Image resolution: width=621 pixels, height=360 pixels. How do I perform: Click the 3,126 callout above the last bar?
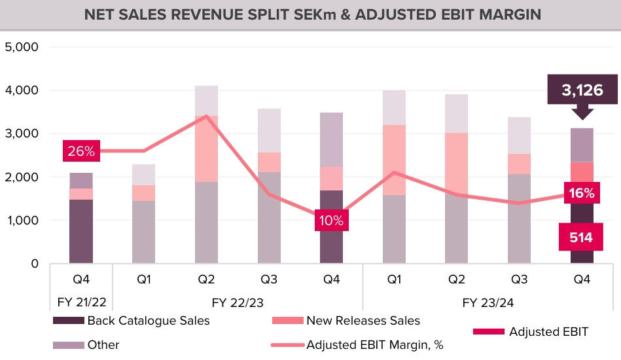pyautogui.click(x=582, y=90)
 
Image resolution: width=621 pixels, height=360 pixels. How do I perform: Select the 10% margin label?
pyautogui.click(x=331, y=220)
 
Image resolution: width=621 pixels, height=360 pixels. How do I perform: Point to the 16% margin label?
pyautogui.click(x=582, y=193)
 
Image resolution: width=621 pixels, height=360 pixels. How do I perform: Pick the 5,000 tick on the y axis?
pyautogui.click(x=22, y=47)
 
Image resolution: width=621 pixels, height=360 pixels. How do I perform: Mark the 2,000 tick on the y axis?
pyautogui.click(x=22, y=177)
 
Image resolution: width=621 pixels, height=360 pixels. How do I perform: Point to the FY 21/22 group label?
pyautogui.click(x=81, y=303)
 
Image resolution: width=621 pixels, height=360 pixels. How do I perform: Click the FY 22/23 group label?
pyautogui.click(x=238, y=303)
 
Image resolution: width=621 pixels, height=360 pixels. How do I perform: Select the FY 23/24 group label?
pyautogui.click(x=488, y=303)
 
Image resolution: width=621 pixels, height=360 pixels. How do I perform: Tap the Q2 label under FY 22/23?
pyautogui.click(x=206, y=279)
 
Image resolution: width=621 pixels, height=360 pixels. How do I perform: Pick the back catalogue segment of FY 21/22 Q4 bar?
pyautogui.click(x=81, y=232)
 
